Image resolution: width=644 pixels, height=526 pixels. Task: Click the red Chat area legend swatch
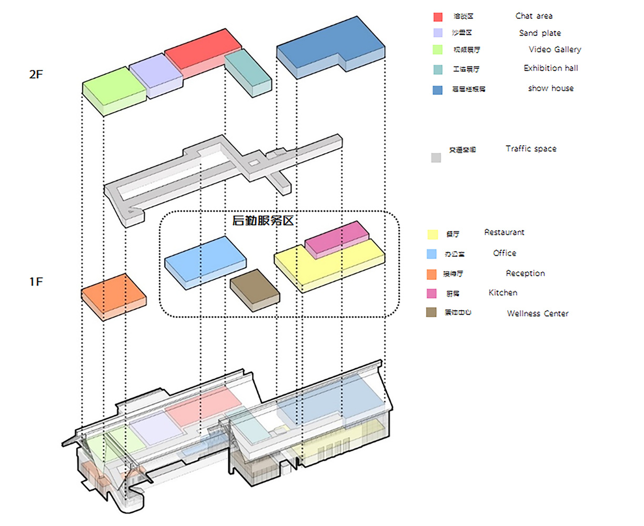[438, 17]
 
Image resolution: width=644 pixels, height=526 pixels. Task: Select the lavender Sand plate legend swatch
[438, 33]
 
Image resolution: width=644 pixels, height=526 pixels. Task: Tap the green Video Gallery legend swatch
[438, 50]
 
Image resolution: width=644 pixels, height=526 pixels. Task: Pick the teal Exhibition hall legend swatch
[438, 69]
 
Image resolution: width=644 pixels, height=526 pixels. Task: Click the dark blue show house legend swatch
[438, 90]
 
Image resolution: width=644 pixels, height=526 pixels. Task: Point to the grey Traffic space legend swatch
[436, 157]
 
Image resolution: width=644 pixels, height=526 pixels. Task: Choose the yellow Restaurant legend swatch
[432, 235]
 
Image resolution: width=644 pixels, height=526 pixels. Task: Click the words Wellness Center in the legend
[537, 313]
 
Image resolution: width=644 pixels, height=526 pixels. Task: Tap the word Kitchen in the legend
[502, 292]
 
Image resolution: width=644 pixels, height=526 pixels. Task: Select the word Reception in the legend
[525, 273]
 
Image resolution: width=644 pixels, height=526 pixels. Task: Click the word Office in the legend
[504, 253]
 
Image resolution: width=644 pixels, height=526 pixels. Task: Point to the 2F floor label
[36, 74]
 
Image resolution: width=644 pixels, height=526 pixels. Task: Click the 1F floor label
[36, 282]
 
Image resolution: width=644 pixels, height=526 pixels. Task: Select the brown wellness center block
[255, 288]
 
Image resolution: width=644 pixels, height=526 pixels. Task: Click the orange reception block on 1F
[113, 294]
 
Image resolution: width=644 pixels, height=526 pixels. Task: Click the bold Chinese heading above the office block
[263, 220]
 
